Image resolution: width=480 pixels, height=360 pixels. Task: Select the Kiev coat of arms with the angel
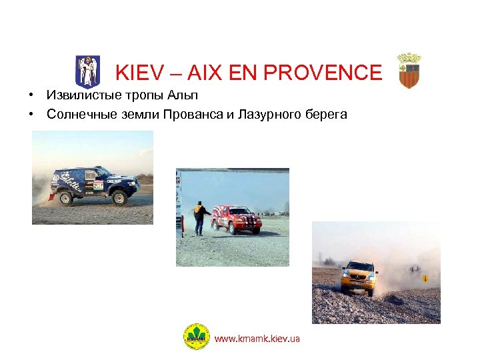pos(87,71)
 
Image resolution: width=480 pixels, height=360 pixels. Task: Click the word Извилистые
pos(79,95)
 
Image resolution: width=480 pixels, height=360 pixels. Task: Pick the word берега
pos(327,115)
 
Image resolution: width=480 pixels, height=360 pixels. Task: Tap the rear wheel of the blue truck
pos(65,197)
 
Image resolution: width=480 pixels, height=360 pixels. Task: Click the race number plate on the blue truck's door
pos(98,186)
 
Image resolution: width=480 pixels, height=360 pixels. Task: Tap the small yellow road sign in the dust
pos(425,278)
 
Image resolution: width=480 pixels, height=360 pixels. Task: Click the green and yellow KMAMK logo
pos(195,338)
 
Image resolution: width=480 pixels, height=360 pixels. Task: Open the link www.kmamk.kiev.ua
pos(257,339)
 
